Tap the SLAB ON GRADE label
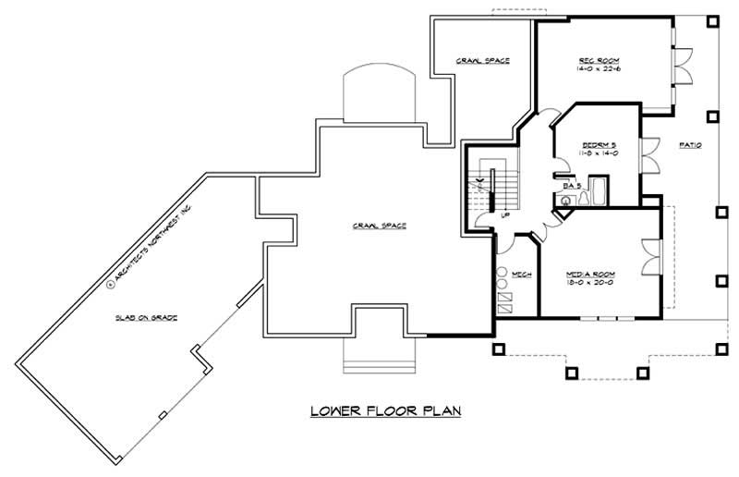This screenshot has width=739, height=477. [147, 317]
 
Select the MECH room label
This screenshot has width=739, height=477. [521, 274]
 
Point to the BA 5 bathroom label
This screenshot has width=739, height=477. [572, 186]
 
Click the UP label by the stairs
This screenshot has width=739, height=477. [505, 214]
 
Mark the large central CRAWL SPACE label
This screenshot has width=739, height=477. [379, 225]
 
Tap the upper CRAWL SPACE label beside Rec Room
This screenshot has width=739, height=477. [483, 61]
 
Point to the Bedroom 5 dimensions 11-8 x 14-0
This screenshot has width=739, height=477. [598, 153]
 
